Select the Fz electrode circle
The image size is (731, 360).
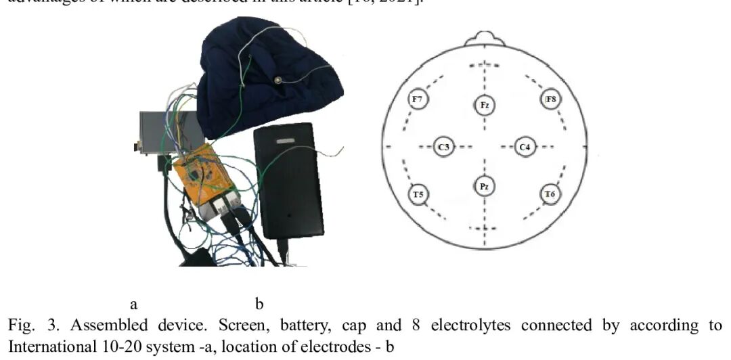pos(485,105)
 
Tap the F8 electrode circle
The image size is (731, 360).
pos(551,100)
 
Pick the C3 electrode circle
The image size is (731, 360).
pos(444,146)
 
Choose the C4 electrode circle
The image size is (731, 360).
pos(525,146)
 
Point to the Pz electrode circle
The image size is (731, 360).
pos(484,186)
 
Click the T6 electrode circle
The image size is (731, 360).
pos(550,195)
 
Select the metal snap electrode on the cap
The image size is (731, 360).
pos(278,81)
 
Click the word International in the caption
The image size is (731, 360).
pos(41,343)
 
